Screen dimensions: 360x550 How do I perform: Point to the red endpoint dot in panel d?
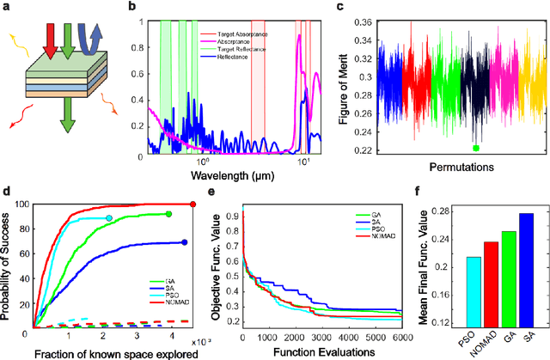pyautogui.click(x=192, y=204)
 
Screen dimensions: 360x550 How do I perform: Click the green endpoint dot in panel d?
pyautogui.click(x=168, y=214)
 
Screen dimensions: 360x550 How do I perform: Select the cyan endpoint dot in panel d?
pyautogui.click(x=132, y=218)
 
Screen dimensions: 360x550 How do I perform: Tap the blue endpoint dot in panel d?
pyautogui.click(x=185, y=242)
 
